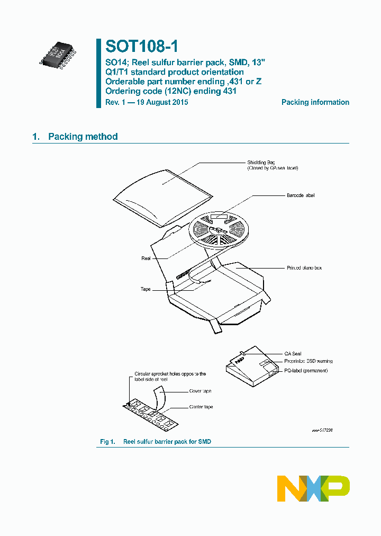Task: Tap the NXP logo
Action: click(x=313, y=488)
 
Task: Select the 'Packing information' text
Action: click(x=315, y=102)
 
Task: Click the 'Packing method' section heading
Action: click(x=83, y=137)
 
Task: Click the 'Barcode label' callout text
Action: click(x=301, y=195)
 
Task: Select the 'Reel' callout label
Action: click(x=146, y=258)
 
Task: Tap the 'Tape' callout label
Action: click(x=146, y=289)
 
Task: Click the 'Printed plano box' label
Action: click(x=304, y=268)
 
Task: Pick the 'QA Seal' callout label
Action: click(x=293, y=354)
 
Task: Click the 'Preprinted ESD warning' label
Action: click(x=308, y=361)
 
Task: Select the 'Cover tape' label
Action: click(x=200, y=391)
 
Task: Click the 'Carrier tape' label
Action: click(x=201, y=407)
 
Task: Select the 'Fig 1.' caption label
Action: click(x=107, y=442)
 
